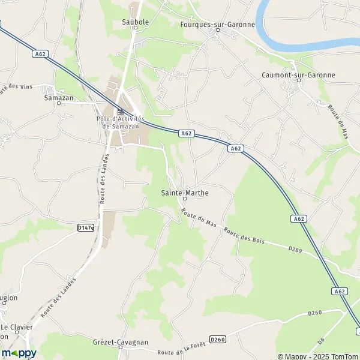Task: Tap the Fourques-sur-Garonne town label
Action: click(x=218, y=25)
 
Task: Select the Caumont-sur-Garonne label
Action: click(x=298, y=75)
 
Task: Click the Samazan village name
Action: click(x=59, y=97)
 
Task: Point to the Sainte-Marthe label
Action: click(x=184, y=193)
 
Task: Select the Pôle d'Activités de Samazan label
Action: click(x=121, y=122)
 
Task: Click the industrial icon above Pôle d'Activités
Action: click(x=121, y=111)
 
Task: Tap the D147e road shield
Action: click(x=86, y=228)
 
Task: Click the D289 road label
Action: click(x=295, y=248)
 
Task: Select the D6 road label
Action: click(x=321, y=340)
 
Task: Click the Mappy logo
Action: click(x=19, y=353)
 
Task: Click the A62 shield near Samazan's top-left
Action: click(x=40, y=53)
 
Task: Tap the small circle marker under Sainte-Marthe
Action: click(x=184, y=199)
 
